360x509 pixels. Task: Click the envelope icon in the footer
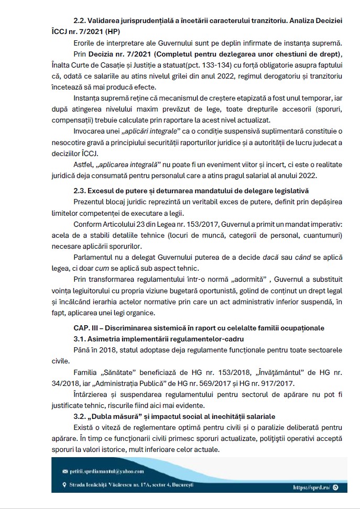pyautogui.click(x=65, y=472)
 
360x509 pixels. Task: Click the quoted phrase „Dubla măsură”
pyautogui.click(x=115, y=416)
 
